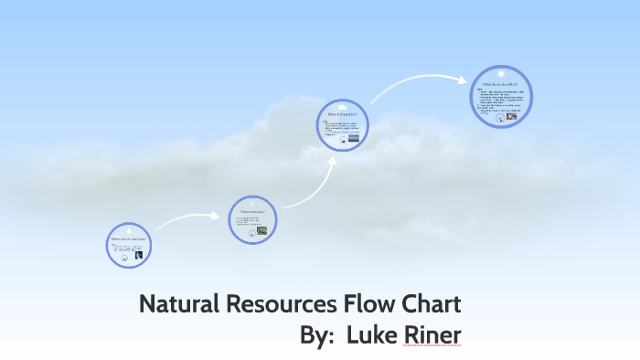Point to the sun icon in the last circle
pos(500,72)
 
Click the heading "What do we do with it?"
pos(500,84)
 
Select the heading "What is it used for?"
pos(343,114)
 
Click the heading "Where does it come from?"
pos(128,239)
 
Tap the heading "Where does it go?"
pos(251,211)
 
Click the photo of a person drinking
pos(511,116)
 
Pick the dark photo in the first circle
pos(138,255)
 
